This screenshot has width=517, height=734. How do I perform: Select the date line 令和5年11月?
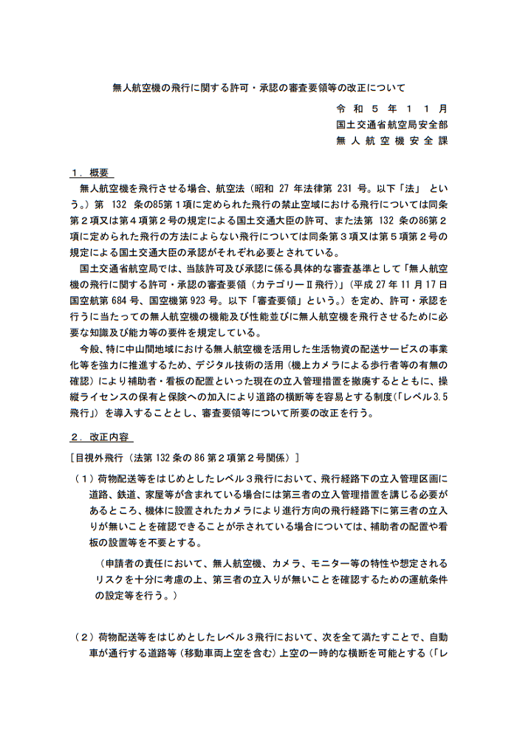391,108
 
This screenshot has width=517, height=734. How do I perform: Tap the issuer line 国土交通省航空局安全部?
391,124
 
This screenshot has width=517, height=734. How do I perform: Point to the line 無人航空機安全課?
391,140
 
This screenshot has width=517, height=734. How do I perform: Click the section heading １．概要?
90,173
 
